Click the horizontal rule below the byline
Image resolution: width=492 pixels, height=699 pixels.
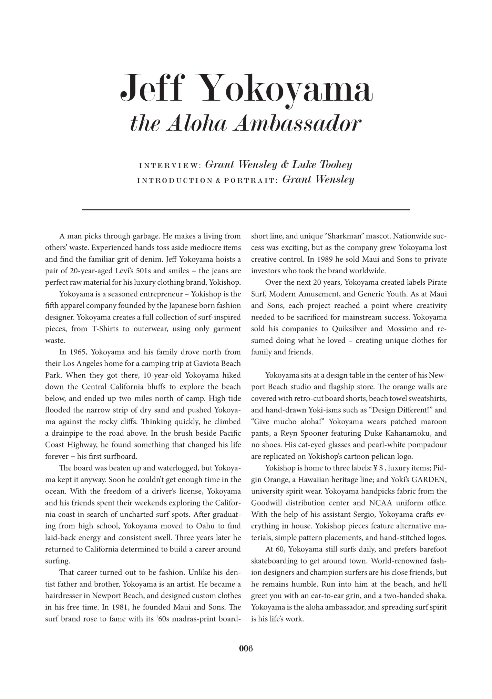coord(246,210)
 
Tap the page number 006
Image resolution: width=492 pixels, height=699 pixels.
coord(246,648)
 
